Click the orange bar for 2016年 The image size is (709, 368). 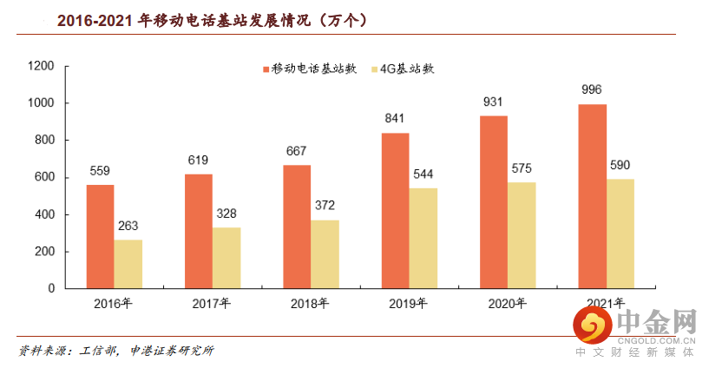[100, 236]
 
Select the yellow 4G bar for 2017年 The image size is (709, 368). [226, 258]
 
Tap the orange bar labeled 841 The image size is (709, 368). [395, 210]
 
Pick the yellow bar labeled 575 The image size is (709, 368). [522, 234]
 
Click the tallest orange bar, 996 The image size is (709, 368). [592, 196]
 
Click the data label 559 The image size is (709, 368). [100, 171]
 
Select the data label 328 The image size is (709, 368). [226, 214]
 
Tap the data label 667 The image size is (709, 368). [297, 151]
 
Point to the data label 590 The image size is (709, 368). [620, 165]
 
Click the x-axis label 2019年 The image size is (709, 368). [409, 304]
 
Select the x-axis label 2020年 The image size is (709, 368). [507, 304]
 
